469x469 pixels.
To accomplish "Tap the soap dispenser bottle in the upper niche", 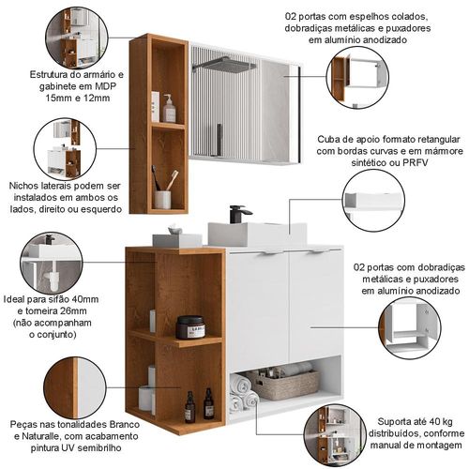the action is (169, 109).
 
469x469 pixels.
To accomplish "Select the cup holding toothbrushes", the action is (162, 200).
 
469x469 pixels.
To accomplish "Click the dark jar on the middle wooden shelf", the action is (190, 327).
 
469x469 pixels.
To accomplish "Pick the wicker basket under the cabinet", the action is (283, 385).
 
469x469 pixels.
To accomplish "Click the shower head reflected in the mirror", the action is (224, 64).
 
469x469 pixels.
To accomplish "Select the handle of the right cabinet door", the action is (316, 252).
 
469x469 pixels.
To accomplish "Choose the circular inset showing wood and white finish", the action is (73, 388).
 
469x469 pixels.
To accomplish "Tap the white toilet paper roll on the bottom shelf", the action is (146, 399).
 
